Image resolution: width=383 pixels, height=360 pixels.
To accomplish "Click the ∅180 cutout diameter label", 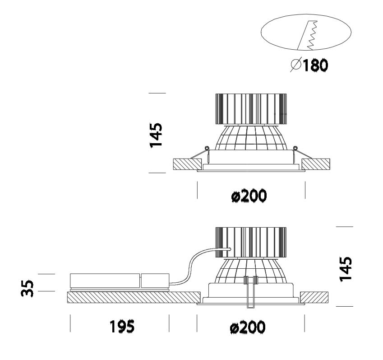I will tap(309, 66).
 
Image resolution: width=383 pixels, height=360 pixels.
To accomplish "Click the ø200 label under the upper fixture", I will tap(248, 196).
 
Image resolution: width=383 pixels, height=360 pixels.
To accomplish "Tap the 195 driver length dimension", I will tap(121, 327).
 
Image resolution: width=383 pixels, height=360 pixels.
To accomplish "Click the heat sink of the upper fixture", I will tap(251, 108).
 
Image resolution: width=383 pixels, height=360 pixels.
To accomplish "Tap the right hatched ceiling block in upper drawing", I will tap(315, 164).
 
